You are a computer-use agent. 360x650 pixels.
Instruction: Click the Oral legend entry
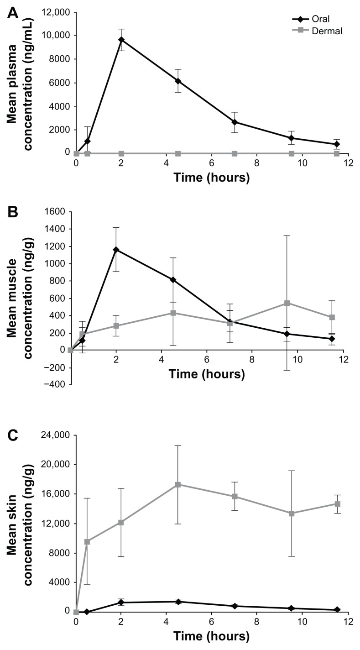click(315, 19)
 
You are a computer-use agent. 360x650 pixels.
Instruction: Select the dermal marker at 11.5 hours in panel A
click(337, 153)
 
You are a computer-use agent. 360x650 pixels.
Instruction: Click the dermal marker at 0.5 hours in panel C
click(87, 542)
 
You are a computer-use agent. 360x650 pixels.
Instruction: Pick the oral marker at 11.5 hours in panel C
click(337, 610)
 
